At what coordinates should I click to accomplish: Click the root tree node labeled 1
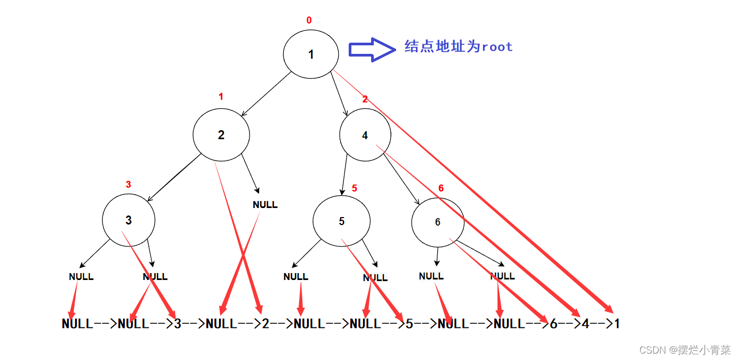click(311, 54)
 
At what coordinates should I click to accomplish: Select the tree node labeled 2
click(221, 135)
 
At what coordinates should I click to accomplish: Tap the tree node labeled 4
click(365, 135)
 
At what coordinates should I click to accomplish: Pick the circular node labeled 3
click(128, 220)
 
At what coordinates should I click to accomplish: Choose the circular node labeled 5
click(341, 221)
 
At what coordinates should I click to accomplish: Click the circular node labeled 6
click(438, 222)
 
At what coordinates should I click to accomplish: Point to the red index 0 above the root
click(309, 20)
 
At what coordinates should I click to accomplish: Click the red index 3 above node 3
click(128, 185)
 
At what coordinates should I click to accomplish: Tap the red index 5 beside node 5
click(355, 188)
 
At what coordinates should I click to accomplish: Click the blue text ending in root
click(459, 47)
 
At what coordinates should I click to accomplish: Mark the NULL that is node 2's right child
click(265, 205)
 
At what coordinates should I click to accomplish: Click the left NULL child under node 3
click(81, 277)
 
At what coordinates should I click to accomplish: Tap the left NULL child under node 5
click(296, 277)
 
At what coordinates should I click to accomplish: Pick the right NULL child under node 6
click(502, 276)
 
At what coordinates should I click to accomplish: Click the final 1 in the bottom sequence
click(617, 324)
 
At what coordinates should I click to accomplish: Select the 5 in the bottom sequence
click(409, 324)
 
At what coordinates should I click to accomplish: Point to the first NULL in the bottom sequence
click(77, 324)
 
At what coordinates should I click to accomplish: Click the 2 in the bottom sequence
click(266, 324)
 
